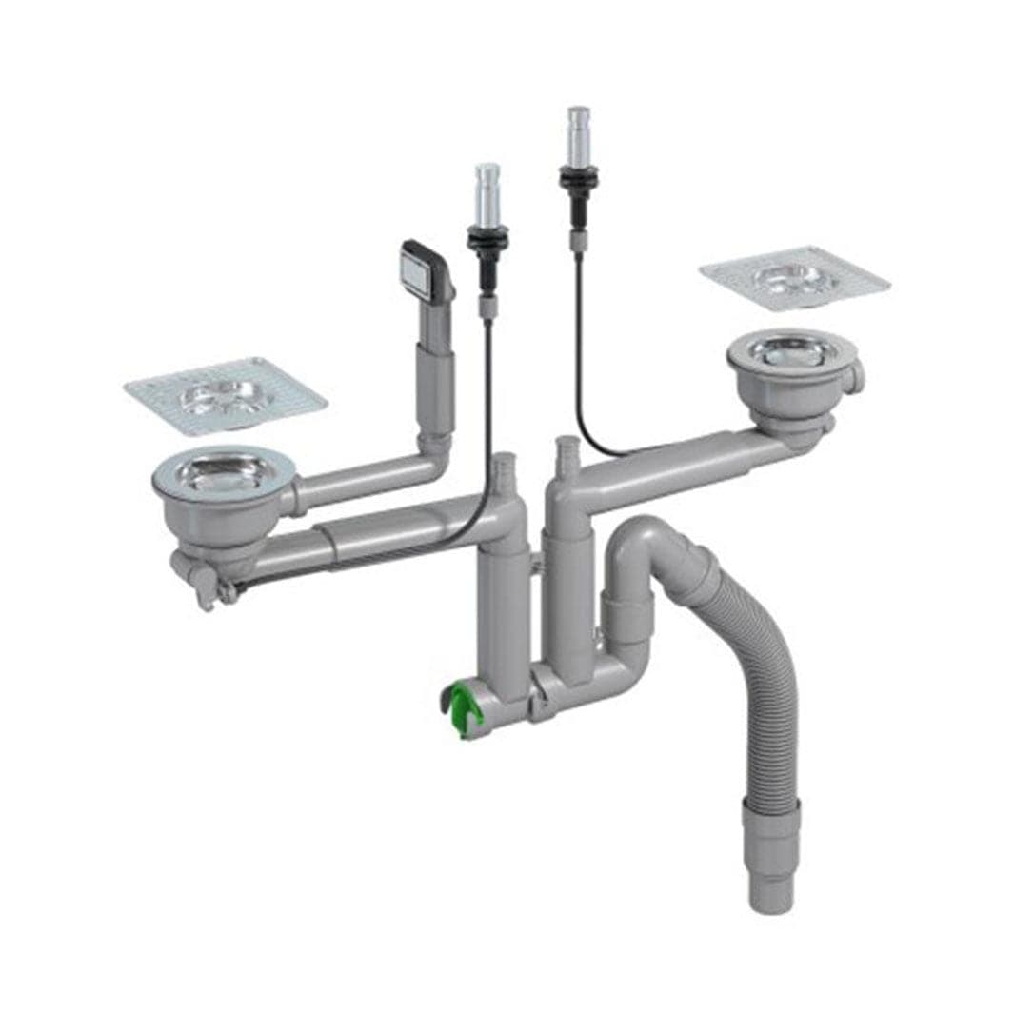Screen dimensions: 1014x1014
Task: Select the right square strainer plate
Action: (794, 277)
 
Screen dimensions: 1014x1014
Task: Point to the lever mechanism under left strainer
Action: (201, 583)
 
